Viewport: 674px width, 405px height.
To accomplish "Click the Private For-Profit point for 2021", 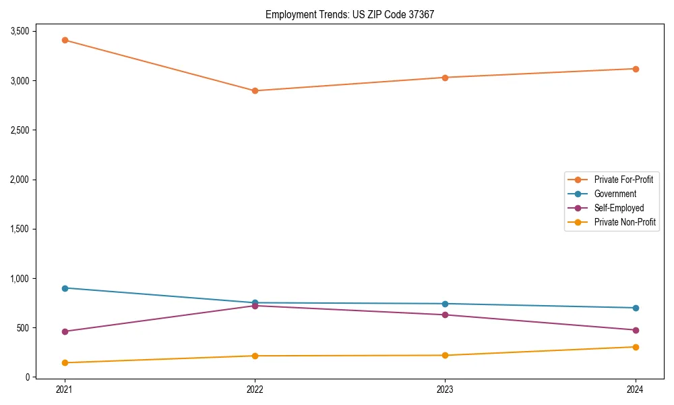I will point(65,40).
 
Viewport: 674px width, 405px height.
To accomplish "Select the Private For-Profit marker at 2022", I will point(255,90).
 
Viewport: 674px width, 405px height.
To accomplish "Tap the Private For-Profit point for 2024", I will point(635,69).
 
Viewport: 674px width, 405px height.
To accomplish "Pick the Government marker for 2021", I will point(65,288).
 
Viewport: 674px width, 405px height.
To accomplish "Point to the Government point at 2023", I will point(445,304).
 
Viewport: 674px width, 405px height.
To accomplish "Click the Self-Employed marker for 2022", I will point(255,306).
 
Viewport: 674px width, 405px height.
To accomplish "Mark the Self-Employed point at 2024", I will point(635,330).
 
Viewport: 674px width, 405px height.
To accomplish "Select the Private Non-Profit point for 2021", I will point(65,363).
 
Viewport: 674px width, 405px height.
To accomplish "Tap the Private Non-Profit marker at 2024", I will point(635,347).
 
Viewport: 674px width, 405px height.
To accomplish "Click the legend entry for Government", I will point(615,194).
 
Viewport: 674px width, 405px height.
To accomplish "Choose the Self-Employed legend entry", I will point(619,208).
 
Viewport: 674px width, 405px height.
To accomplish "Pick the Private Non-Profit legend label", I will point(625,222).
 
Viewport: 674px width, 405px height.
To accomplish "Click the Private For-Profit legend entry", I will point(623,180).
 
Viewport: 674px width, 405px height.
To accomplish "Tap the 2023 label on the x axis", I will point(445,389).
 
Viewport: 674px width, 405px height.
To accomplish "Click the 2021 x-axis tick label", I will point(65,389).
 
